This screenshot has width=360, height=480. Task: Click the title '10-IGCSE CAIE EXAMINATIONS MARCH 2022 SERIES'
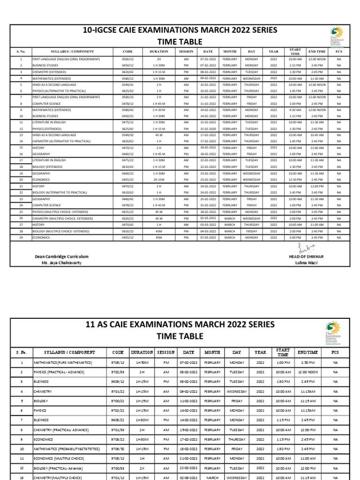[x=173, y=30]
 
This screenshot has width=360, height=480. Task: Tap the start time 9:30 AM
[x=295, y=110]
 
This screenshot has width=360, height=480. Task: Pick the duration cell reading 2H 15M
[x=158, y=180]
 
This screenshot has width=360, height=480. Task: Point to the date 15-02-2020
[x=208, y=129]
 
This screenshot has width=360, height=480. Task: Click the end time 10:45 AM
[x=317, y=135]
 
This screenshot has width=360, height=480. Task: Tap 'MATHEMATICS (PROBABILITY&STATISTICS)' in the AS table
[x=66, y=449]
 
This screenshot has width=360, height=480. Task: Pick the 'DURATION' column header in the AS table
[x=142, y=352]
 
